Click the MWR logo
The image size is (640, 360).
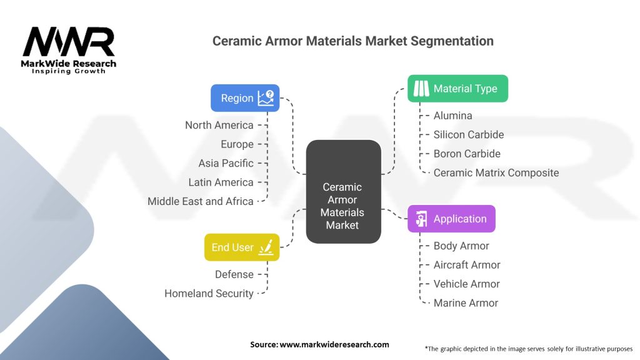click(x=69, y=46)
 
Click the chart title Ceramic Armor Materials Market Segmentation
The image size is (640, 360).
click(x=352, y=41)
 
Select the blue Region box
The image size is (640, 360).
click(x=244, y=98)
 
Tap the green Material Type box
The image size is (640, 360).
click(x=457, y=89)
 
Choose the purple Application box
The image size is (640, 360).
click(x=451, y=219)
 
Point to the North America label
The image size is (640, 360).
click(x=219, y=125)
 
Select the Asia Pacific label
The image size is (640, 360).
click(x=226, y=163)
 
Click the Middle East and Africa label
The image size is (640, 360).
click(x=200, y=201)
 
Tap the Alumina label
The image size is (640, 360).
click(x=452, y=116)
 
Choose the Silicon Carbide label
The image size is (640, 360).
click(x=468, y=134)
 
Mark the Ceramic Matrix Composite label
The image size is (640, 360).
click(x=496, y=172)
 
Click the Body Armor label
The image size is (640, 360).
click(x=461, y=246)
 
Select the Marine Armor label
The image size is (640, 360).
click(x=466, y=302)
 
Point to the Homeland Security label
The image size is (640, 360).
click(x=209, y=293)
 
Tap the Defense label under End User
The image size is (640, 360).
click(x=234, y=274)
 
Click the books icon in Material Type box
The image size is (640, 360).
click(x=421, y=89)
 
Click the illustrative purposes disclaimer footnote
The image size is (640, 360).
click(x=528, y=348)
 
